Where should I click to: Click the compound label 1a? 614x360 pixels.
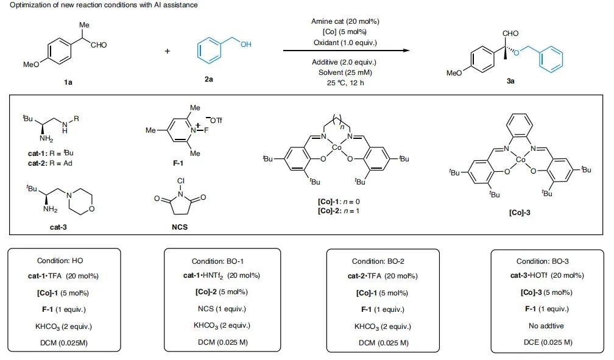tap(68, 82)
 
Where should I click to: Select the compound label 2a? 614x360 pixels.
tap(209, 79)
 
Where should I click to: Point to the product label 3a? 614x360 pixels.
tap(510, 81)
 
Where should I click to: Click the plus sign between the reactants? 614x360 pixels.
tap(167, 51)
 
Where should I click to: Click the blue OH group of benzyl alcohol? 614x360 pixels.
tap(246, 44)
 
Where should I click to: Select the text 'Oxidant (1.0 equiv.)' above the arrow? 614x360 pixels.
tap(345, 42)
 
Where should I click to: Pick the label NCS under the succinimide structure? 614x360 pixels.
tap(180, 227)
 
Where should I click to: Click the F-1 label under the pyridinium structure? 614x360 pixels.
tap(178, 163)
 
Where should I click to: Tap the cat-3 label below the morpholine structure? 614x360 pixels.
tap(58, 227)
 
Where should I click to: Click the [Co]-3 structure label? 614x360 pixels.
tap(520, 213)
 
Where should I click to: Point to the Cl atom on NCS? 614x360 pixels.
tap(180, 181)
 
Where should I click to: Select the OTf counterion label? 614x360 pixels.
tap(216, 120)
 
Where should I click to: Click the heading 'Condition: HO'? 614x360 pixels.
tap(60, 261)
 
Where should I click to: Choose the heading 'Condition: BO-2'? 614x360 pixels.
tap(378, 261)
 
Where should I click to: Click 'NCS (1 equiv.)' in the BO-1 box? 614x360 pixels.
tap(222, 309)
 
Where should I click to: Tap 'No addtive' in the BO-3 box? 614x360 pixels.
tap(546, 326)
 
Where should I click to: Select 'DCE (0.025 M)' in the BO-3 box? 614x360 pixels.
tap(548, 342)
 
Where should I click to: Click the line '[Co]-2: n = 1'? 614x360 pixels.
tap(339, 211)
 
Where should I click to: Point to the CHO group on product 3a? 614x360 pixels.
tap(510, 34)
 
